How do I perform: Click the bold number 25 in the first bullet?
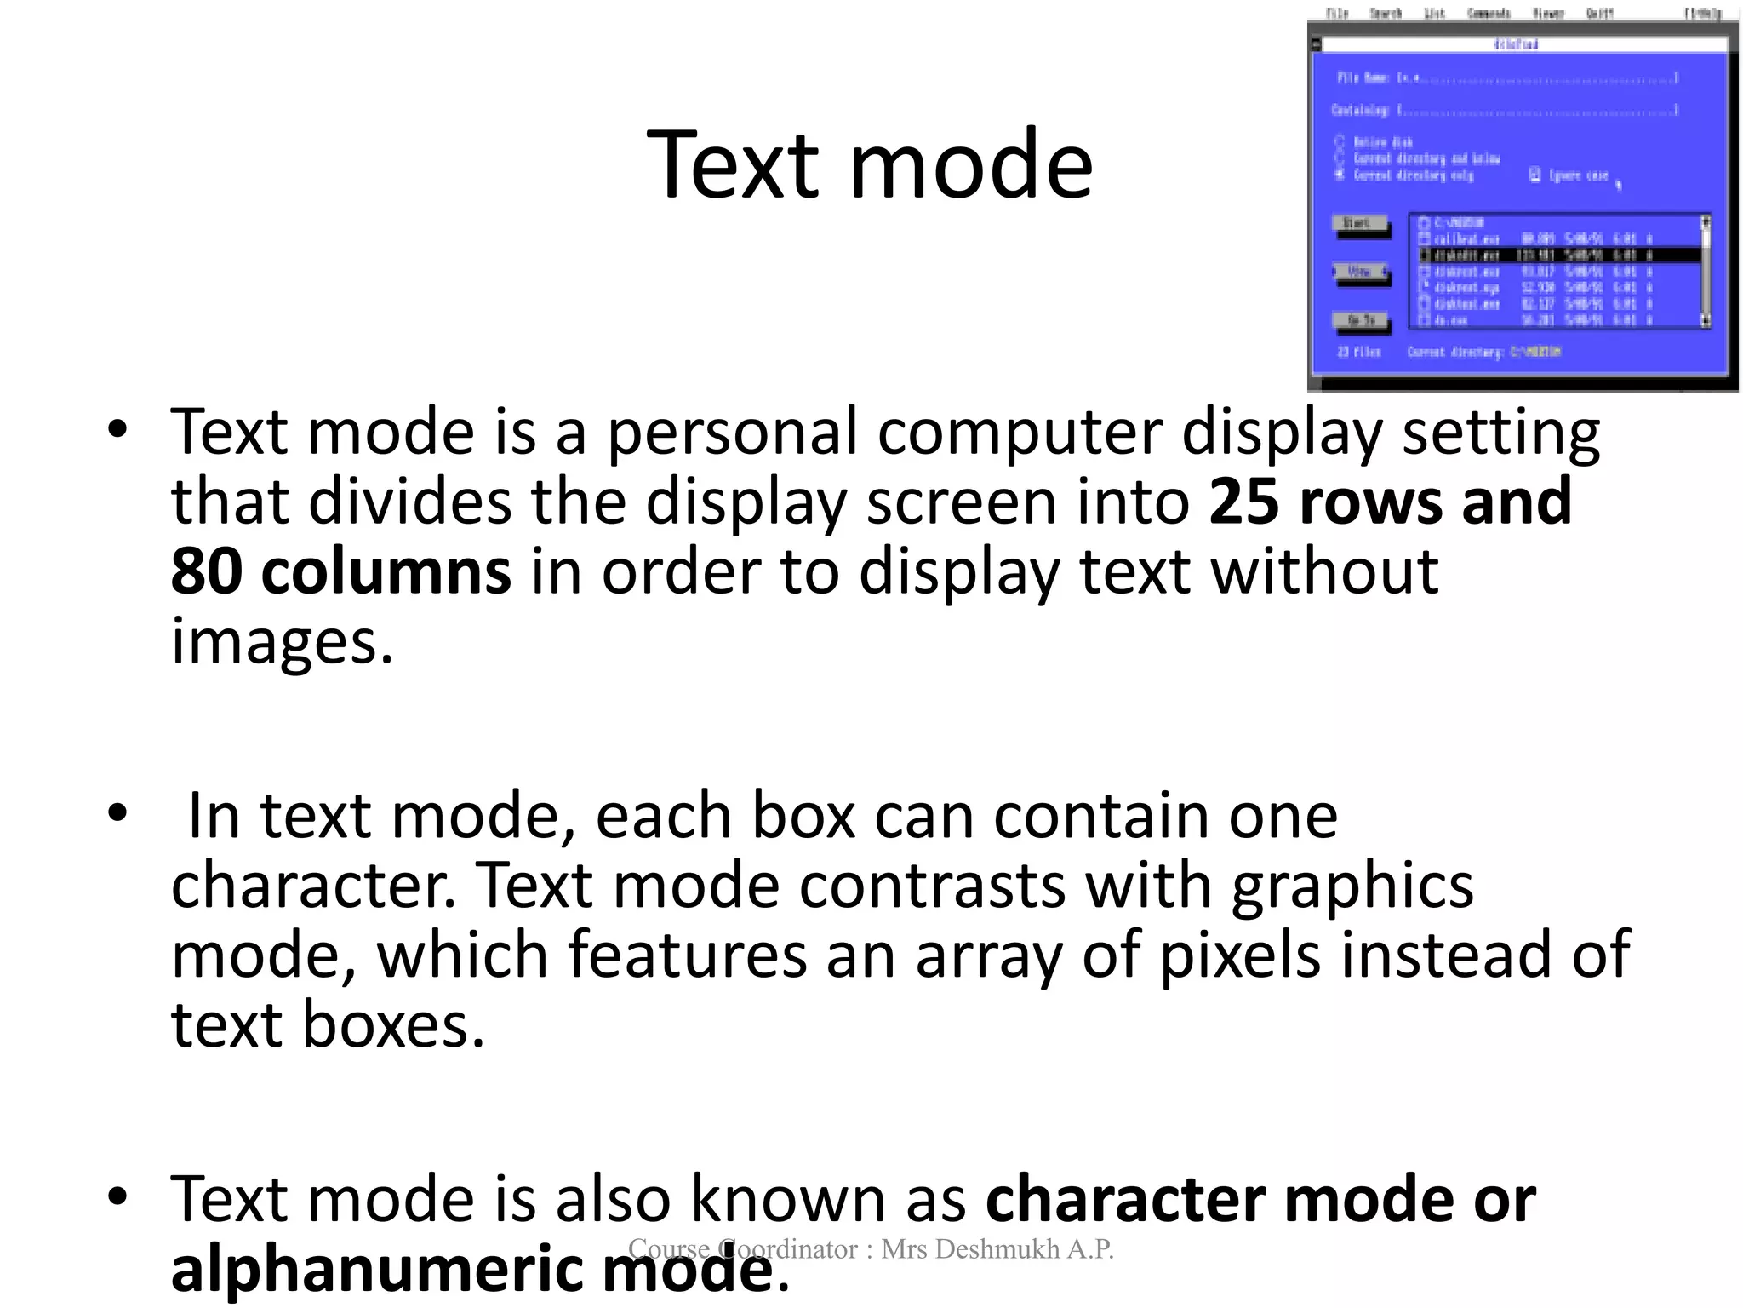1243,502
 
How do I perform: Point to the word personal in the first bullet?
732,433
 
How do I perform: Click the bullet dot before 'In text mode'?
117,812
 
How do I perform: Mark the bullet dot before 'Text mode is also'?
117,1196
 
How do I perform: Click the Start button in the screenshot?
1358,224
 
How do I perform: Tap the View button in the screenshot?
1360,272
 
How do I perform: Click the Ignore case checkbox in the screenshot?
1534,175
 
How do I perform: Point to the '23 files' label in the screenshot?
1359,352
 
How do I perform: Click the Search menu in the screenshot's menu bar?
1385,13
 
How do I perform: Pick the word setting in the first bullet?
1500,433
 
